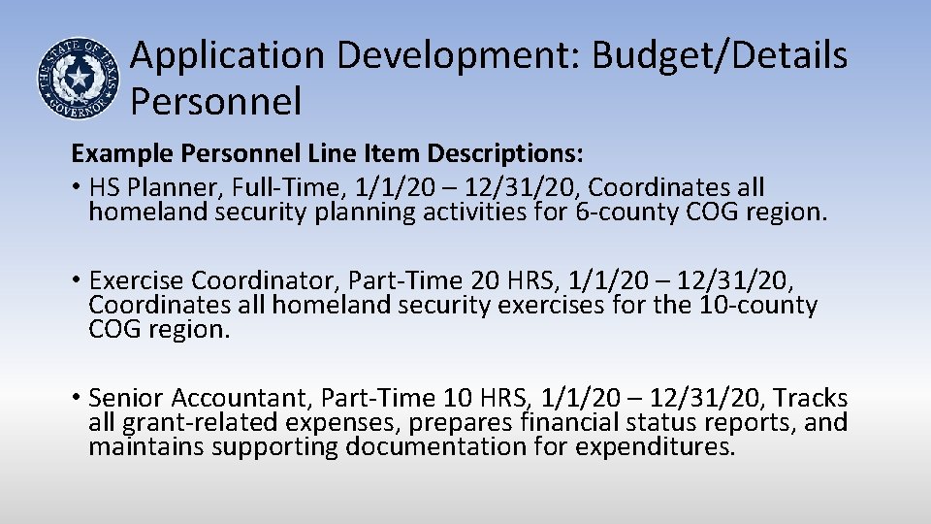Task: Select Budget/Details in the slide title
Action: pyautogui.click(x=720, y=56)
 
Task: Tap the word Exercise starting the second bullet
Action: pyautogui.click(x=137, y=281)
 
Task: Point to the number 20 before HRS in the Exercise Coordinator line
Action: pyautogui.click(x=485, y=281)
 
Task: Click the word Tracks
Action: pyautogui.click(x=811, y=398)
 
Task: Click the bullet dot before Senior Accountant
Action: pyautogui.click(x=75, y=398)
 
